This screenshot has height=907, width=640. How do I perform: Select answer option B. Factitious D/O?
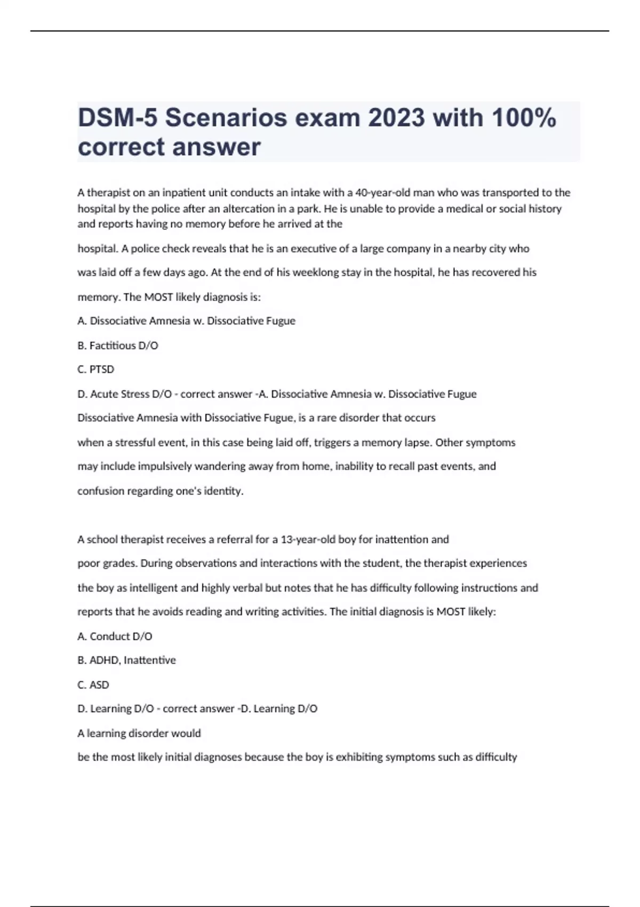coord(118,345)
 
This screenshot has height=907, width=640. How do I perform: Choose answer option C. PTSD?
coord(96,369)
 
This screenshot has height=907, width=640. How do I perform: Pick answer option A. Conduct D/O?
coord(115,636)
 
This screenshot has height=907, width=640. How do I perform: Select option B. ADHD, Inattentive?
coord(126,660)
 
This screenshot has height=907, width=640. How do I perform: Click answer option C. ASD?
coord(93,685)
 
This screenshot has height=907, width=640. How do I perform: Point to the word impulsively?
coord(165,466)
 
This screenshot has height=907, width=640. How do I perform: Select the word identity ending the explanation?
coord(223,491)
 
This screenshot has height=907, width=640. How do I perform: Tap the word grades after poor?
coord(119,563)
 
